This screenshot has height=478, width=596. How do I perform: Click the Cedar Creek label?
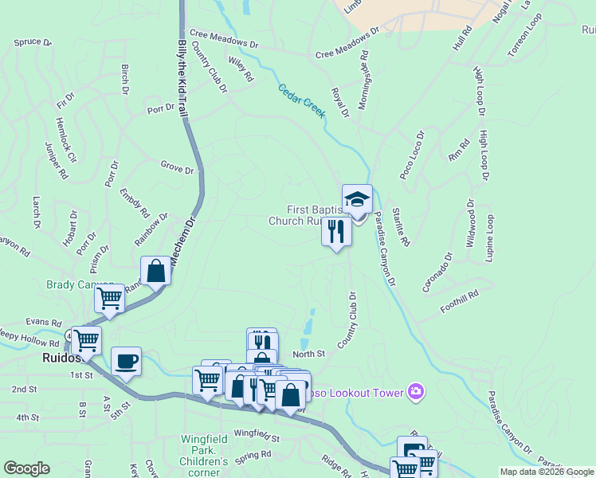(302, 101)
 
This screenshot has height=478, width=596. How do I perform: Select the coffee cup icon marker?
(127, 361)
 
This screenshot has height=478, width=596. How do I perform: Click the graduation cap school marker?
(357, 199)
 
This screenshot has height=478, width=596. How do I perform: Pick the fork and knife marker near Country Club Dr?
(336, 231)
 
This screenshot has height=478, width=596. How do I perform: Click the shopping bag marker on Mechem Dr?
(156, 271)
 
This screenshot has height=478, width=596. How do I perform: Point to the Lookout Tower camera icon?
(415, 391)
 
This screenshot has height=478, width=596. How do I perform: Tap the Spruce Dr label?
(33, 41)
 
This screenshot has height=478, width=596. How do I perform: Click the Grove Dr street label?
(177, 169)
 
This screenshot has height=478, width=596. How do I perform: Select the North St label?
(310, 353)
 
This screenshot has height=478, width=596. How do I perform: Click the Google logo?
(27, 468)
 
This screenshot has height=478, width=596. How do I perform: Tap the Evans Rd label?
(43, 322)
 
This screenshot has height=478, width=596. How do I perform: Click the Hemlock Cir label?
(65, 140)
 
